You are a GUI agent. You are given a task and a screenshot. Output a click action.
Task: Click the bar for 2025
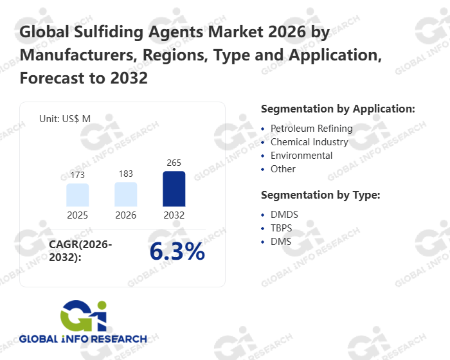(x=77, y=195)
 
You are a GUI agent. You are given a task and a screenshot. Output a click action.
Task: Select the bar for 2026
(x=126, y=194)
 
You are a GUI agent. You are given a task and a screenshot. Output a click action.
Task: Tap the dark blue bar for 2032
(x=174, y=189)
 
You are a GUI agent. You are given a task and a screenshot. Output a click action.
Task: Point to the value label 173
(x=77, y=175)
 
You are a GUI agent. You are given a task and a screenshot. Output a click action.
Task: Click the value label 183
(x=126, y=174)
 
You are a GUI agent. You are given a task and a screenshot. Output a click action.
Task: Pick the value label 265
(x=174, y=163)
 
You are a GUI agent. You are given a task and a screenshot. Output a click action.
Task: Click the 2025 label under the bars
(x=77, y=215)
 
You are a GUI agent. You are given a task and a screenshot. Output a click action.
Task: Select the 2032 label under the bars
(x=174, y=215)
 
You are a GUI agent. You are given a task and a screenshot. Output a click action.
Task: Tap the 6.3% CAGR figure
(x=177, y=252)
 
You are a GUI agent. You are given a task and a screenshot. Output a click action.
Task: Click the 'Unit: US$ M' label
(x=65, y=119)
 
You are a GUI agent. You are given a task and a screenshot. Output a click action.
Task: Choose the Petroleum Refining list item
(x=311, y=129)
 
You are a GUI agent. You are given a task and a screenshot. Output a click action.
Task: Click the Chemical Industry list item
(x=309, y=142)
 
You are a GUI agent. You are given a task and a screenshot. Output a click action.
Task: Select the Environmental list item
(x=301, y=156)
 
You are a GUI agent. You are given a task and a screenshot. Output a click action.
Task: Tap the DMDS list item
(x=284, y=215)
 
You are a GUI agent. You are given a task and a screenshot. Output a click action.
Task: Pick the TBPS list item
(x=282, y=228)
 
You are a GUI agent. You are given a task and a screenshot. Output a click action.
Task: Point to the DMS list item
(x=281, y=242)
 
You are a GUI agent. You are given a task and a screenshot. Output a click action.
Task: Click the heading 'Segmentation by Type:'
(x=320, y=195)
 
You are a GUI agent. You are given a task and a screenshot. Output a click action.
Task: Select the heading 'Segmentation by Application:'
(x=337, y=109)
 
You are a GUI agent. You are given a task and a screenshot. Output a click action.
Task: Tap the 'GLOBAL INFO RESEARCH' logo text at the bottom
(x=83, y=339)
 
